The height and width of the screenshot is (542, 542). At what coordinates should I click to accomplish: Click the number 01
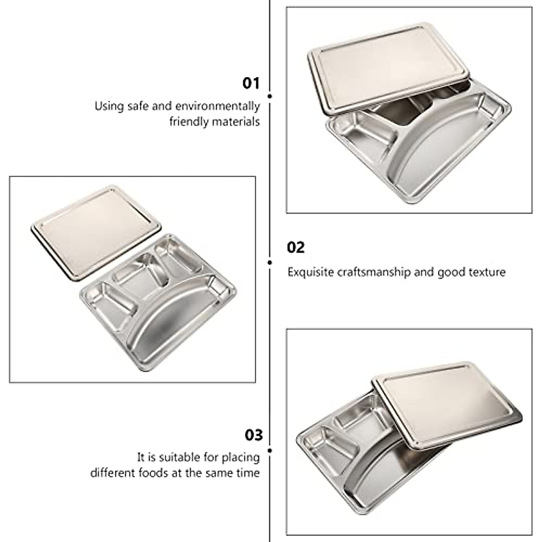[252, 84]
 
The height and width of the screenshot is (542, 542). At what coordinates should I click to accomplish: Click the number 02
[296, 248]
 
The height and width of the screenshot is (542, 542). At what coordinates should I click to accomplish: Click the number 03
[253, 435]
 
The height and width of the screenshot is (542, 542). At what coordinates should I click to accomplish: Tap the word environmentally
[218, 107]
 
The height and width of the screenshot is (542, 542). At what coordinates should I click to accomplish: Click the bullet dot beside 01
[270, 96]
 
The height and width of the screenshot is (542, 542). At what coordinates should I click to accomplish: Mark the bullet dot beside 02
[270, 262]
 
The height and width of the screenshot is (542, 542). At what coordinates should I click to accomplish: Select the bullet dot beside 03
[270, 450]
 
